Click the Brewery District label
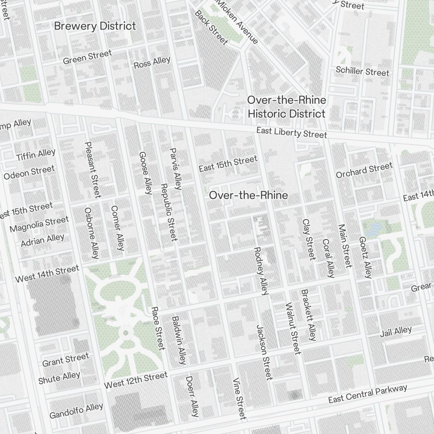pos(95,26)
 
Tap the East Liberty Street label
pos(291,132)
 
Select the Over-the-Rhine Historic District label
pos(286,107)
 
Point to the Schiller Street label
pos(363,71)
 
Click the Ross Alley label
pos(152,62)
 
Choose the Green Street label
pos(87,57)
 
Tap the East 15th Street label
pos(228,164)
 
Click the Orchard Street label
pos(364,170)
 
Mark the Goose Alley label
pos(145,173)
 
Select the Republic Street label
pos(169,212)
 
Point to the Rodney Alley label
pos(261,271)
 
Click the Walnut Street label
pos(293,328)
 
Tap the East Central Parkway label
pos(368,394)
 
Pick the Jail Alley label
pos(395,332)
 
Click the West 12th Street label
pos(135,380)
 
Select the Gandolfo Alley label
pos(76,411)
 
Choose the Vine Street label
pos(240,398)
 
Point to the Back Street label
pos(211,27)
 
